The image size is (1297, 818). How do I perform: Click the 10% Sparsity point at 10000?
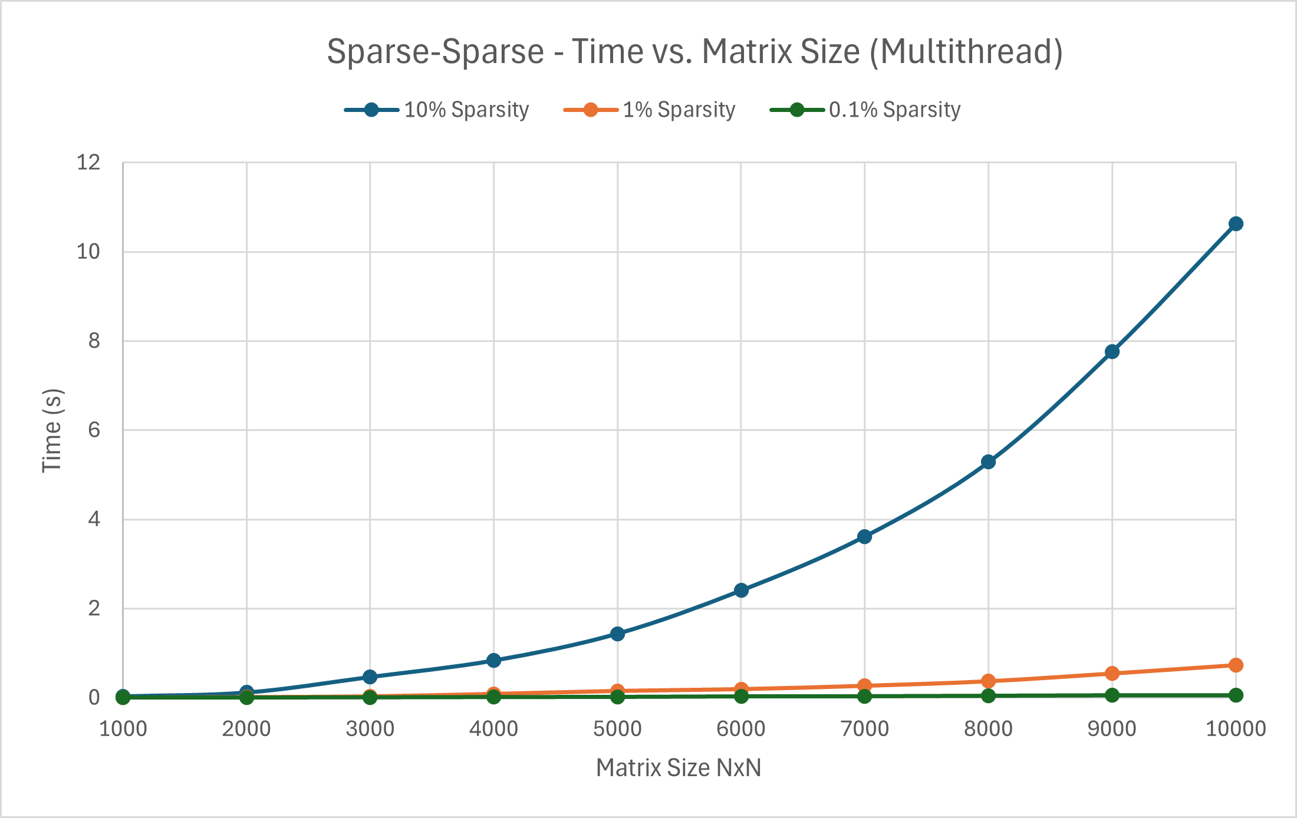pyautogui.click(x=1236, y=224)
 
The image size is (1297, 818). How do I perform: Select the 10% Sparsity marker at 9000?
pyautogui.click(x=1112, y=352)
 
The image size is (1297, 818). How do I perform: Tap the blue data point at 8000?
pyautogui.click(x=988, y=462)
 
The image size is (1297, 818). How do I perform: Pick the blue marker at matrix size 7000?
pyautogui.click(x=864, y=536)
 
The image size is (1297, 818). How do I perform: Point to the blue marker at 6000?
pyautogui.click(x=741, y=590)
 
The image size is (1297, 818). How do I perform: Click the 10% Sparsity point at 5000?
pyautogui.click(x=617, y=634)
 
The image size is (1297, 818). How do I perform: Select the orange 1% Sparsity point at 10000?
pyautogui.click(x=1236, y=665)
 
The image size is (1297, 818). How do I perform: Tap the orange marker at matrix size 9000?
pyautogui.click(x=1112, y=673)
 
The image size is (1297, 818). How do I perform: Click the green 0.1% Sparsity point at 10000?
pyautogui.click(x=1236, y=695)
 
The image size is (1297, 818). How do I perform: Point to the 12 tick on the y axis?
pyautogui.click(x=88, y=163)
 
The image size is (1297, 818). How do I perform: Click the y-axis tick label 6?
pyautogui.click(x=94, y=430)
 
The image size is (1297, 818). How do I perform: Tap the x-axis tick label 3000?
pyautogui.click(x=370, y=729)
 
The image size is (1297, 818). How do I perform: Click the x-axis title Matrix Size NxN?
pyautogui.click(x=679, y=768)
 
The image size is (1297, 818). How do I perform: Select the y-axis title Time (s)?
pyautogui.click(x=52, y=430)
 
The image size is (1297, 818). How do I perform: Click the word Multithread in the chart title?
pyautogui.click(x=966, y=52)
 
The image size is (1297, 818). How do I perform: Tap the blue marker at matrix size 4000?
pyautogui.click(x=493, y=660)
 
